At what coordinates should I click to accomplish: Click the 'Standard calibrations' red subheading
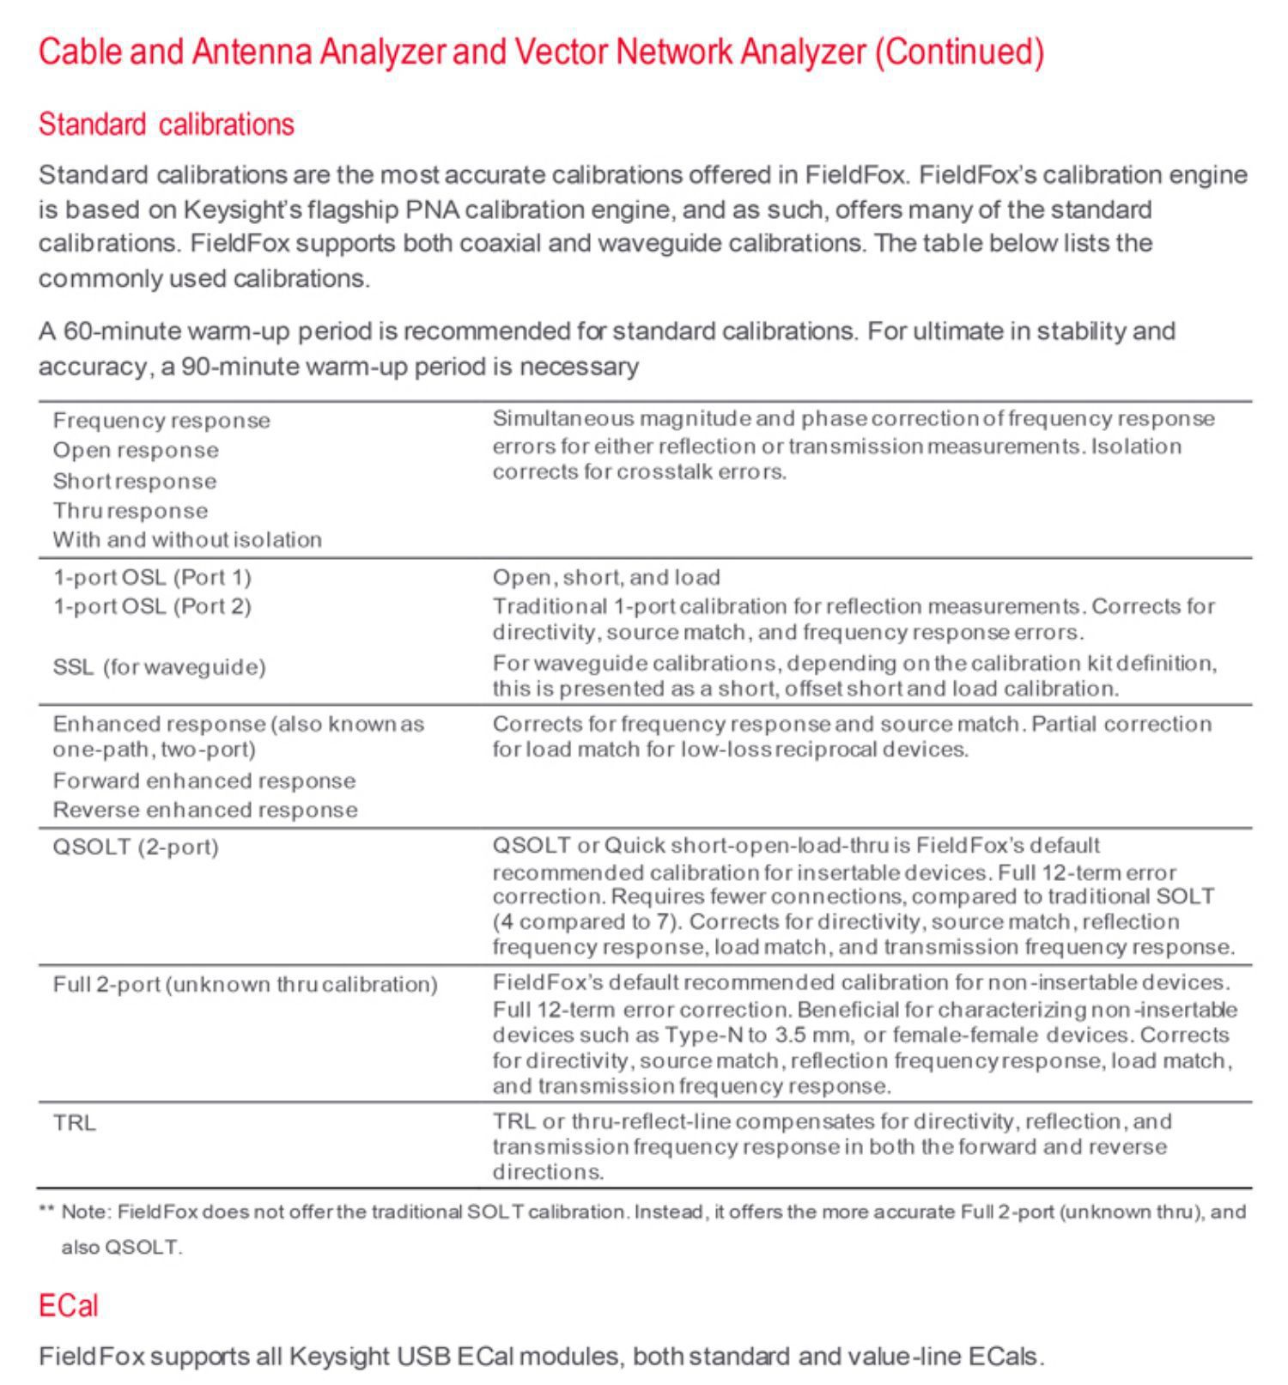click(166, 125)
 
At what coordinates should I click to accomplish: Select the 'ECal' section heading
click(69, 1306)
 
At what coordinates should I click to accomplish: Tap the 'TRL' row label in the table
click(75, 1123)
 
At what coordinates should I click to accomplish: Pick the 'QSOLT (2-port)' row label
click(136, 847)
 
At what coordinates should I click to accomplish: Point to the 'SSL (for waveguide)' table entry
click(159, 667)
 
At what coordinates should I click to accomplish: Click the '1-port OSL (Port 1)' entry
click(152, 577)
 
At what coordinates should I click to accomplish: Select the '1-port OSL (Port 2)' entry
click(152, 607)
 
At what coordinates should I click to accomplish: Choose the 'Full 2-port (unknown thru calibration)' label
click(245, 984)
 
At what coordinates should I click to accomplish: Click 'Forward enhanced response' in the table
click(204, 781)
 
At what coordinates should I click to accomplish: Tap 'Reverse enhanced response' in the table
click(205, 811)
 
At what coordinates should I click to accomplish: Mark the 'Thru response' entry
click(130, 511)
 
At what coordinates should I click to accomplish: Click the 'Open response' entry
click(136, 451)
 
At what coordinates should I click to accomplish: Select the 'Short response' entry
click(134, 481)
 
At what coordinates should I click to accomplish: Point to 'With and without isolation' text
click(187, 540)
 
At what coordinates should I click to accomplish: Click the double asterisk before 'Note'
click(46, 1212)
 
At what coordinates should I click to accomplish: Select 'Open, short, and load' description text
click(606, 577)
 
